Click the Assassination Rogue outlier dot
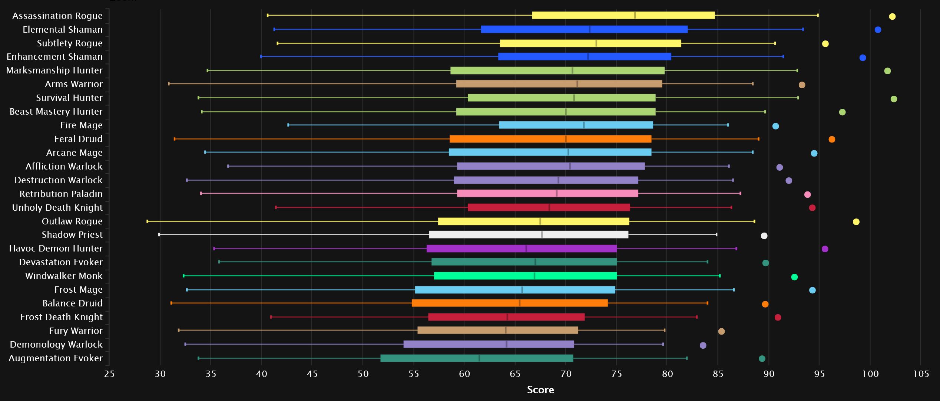[892, 16]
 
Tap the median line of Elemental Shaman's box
[590, 29]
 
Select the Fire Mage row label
[81, 125]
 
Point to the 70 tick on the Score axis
[566, 374]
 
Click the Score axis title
[540, 390]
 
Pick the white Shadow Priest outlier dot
[764, 236]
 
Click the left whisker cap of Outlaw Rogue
[148, 221]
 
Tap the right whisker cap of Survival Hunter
[798, 98]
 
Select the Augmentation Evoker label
[56, 358]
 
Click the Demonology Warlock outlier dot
[703, 346]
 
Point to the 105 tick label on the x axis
[921, 374]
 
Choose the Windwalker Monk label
[64, 276]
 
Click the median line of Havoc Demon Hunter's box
[526, 249]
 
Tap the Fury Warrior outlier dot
[721, 332]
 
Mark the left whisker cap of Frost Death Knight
[271, 317]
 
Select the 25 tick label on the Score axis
[109, 374]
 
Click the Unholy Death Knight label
[57, 208]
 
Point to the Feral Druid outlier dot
[832, 139]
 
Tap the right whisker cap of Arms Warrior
[752, 84]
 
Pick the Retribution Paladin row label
[61, 194]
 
